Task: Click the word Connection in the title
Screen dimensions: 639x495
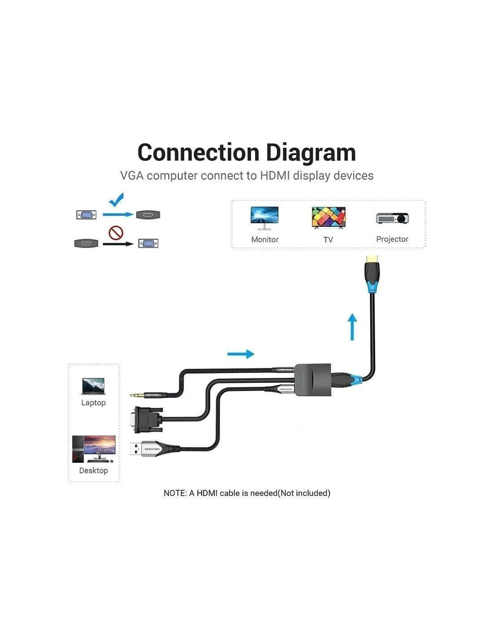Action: coord(198,153)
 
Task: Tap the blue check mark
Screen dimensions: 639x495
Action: coord(116,200)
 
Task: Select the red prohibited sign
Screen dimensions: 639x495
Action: coord(116,233)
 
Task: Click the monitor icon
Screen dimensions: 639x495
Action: coord(265,218)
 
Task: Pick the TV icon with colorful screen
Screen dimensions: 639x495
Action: coord(328,217)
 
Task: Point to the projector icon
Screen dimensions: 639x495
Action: coord(392,218)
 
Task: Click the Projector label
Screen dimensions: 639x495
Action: coord(392,239)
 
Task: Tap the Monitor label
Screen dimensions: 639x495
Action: coord(265,240)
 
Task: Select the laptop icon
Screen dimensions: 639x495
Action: coord(94,386)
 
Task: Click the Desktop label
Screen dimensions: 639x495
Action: coord(94,470)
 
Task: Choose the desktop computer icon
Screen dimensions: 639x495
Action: coord(94,448)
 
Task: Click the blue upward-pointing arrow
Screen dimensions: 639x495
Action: coord(352,327)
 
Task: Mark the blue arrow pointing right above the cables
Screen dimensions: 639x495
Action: coord(241,354)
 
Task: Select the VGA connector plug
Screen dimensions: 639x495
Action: coord(148,419)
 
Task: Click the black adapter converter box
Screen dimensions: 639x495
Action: coord(313,380)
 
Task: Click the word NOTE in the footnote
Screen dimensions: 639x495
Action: coord(175,493)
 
